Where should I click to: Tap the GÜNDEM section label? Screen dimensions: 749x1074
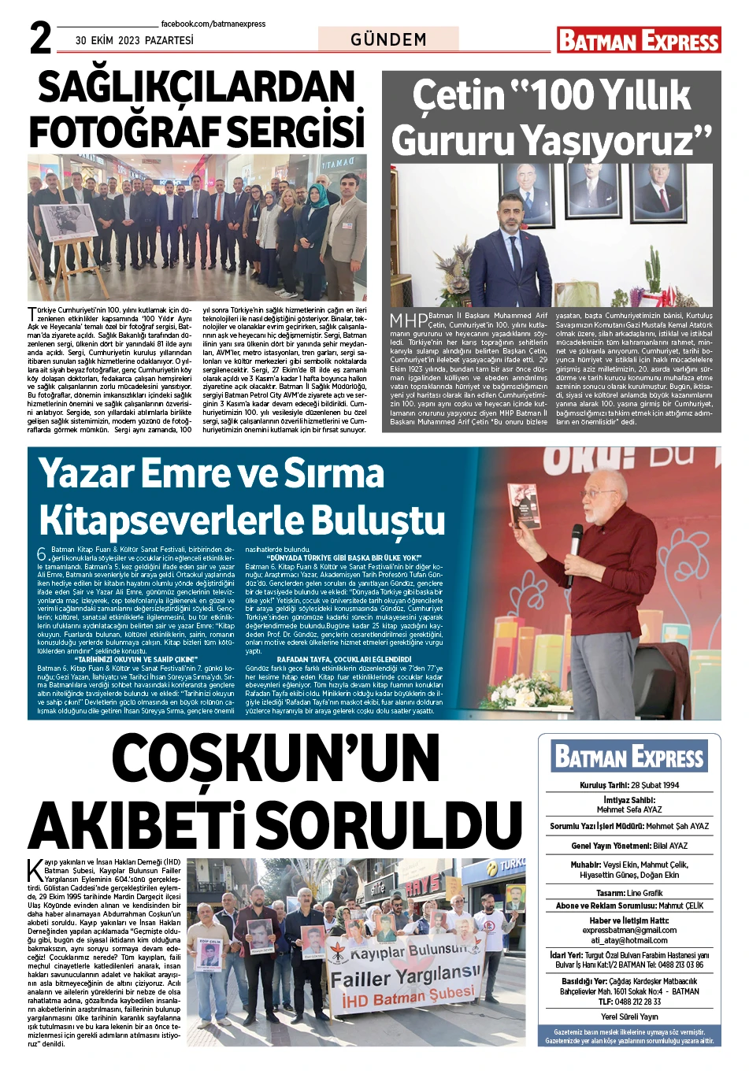coord(388,39)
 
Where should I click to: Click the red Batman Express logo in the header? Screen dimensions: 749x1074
coord(638,40)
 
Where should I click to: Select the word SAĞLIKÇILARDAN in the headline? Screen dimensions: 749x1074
coord(197,88)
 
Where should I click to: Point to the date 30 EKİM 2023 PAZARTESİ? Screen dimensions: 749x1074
coord(134,40)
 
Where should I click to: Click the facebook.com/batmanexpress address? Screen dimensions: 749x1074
coord(213,24)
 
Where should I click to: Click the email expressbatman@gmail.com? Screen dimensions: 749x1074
coord(629,930)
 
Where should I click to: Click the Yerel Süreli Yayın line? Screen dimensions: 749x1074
coord(628,1017)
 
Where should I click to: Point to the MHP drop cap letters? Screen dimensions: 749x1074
coord(409,320)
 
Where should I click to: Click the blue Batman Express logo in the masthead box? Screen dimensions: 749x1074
coord(628,757)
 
